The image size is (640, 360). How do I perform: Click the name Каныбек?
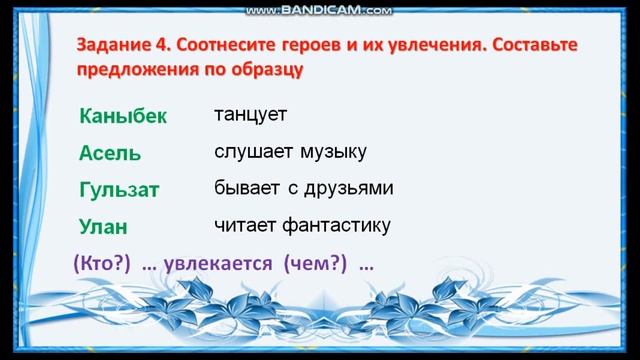click(x=123, y=117)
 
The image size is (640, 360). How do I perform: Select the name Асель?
click(x=109, y=153)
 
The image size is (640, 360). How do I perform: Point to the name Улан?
click(x=105, y=225)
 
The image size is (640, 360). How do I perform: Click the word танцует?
click(x=251, y=114)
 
